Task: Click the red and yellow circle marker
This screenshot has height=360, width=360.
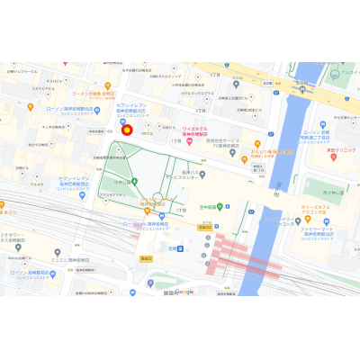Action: click(x=127, y=130)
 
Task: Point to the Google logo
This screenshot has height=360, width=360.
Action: click(x=185, y=292)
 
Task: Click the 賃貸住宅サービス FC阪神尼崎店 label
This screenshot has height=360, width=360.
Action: click(x=225, y=144)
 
